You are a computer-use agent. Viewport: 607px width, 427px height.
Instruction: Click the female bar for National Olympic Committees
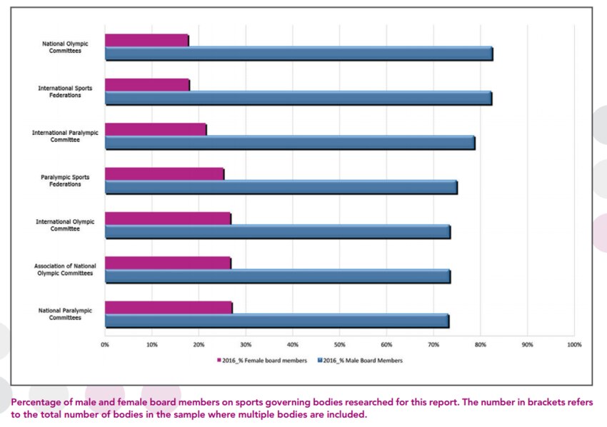[146, 40]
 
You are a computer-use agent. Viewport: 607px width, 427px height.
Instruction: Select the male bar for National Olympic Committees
[298, 54]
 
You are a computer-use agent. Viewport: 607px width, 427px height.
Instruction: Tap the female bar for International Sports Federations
[147, 85]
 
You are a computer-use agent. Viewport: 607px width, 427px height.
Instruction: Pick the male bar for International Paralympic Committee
[289, 143]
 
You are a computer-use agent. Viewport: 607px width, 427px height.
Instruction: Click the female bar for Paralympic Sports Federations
[164, 174]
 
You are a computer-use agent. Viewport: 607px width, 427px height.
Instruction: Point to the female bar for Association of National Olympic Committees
[168, 263]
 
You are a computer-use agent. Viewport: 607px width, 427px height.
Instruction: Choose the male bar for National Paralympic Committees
[276, 321]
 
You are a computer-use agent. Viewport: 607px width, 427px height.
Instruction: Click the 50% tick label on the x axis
[339, 344]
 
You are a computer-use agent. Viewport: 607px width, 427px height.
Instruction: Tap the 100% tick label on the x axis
[573, 344]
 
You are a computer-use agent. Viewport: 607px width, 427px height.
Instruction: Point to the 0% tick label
[105, 344]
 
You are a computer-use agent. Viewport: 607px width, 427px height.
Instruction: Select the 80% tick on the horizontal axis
[480, 344]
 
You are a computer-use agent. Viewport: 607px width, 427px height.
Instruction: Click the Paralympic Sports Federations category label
[60, 180]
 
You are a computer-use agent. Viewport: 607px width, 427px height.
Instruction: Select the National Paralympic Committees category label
[60, 313]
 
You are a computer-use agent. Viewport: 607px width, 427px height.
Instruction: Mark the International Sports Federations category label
[60, 91]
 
